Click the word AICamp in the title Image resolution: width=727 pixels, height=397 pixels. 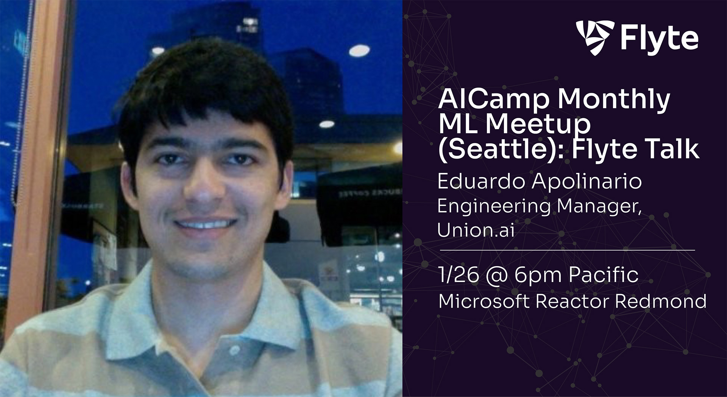pyautogui.click(x=493, y=99)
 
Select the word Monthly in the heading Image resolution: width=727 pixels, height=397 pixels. pyautogui.click(x=613, y=99)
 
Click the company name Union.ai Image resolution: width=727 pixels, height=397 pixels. pyautogui.click(x=476, y=230)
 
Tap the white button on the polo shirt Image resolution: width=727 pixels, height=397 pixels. pyautogui.click(x=234, y=349)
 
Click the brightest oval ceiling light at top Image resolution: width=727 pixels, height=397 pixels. pyautogui.click(x=359, y=50)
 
